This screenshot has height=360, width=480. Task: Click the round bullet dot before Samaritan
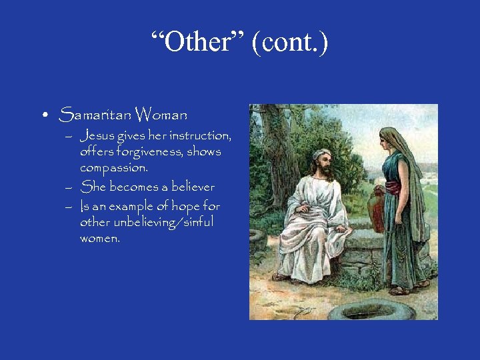tap(44, 115)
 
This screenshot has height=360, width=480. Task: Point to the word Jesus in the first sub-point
tap(97, 136)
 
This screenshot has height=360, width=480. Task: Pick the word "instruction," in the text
tap(201, 136)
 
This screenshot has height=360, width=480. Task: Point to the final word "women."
tap(100, 238)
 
